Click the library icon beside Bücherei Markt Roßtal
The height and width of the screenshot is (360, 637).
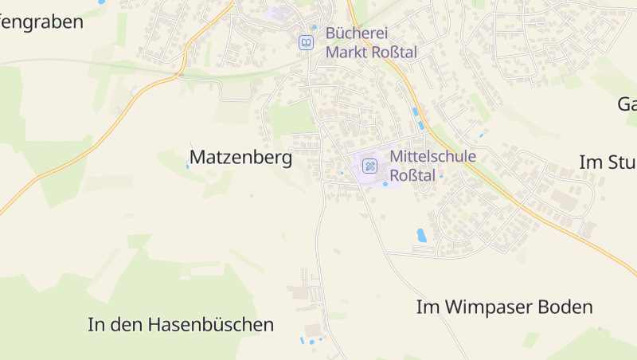[305, 42]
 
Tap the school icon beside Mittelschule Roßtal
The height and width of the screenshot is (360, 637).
[369, 166]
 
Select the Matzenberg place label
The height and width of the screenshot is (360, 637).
[240, 158]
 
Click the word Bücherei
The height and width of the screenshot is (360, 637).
[358, 33]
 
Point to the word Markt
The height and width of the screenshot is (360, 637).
[346, 52]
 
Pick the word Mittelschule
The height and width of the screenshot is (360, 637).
[432, 156]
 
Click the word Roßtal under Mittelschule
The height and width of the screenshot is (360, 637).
[412, 174]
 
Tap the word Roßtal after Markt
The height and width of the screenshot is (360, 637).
[393, 52]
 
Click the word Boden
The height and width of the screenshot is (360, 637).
[566, 307]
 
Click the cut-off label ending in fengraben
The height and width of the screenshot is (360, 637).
[41, 22]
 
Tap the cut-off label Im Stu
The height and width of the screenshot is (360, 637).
[608, 162]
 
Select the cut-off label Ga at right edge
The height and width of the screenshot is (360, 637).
[627, 104]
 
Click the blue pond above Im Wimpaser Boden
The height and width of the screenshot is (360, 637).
[421, 235]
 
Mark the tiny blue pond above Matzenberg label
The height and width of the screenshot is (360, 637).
[188, 166]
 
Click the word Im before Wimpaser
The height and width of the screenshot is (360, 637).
[428, 307]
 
